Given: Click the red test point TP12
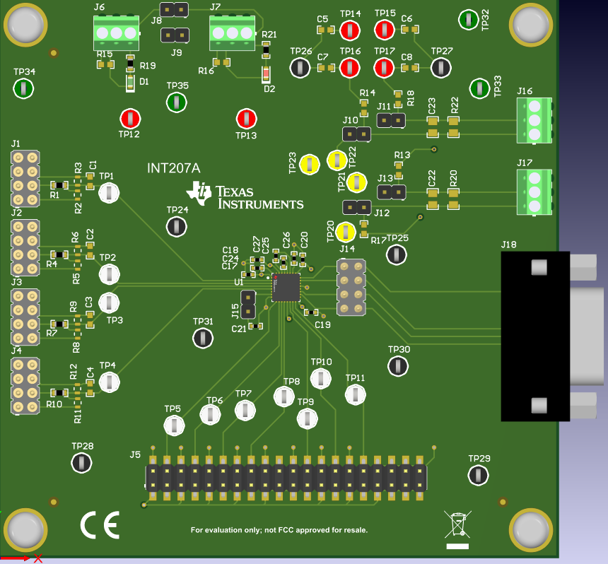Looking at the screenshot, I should [x=130, y=118].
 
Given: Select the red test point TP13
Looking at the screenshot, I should [x=246, y=118].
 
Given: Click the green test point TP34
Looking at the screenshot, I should [x=24, y=88].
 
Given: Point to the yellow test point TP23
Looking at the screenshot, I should [x=310, y=165].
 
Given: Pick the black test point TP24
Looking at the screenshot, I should [x=177, y=226].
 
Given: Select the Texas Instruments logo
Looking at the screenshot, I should [x=245, y=196].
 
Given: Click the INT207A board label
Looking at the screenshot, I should [x=173, y=168].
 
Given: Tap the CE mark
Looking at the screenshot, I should [x=100, y=525].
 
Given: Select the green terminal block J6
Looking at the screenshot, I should [x=115, y=33].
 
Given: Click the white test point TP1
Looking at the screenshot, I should [x=108, y=192].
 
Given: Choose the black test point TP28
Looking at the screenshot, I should [x=82, y=463].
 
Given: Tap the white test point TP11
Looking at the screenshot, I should [x=356, y=394].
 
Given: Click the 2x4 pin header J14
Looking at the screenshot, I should [x=350, y=288].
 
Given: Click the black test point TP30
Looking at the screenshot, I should [x=398, y=365].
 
